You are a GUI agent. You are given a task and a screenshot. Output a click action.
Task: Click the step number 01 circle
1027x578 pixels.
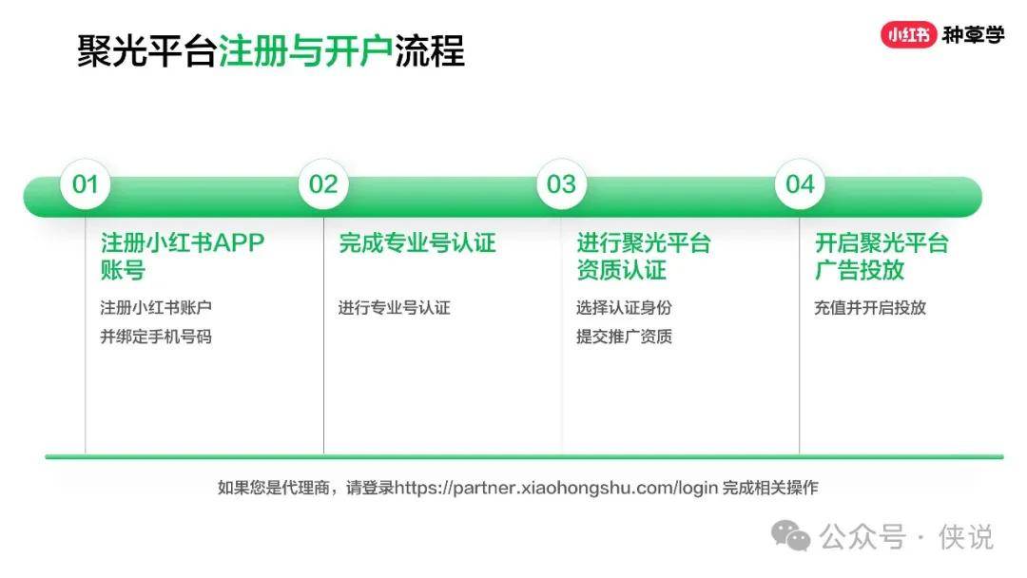point(86,183)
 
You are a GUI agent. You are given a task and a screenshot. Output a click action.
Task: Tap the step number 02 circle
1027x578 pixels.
point(323,183)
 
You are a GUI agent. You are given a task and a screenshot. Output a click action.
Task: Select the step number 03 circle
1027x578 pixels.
point(561,183)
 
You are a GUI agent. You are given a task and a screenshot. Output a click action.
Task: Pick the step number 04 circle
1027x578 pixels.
point(800,183)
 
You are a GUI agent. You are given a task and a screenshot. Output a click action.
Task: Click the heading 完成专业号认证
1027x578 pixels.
point(417,242)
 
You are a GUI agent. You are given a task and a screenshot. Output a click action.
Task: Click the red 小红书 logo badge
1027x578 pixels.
point(908,34)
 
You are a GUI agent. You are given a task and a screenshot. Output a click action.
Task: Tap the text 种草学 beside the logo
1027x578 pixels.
point(974,34)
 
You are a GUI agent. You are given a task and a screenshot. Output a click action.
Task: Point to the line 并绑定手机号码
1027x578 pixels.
point(156,337)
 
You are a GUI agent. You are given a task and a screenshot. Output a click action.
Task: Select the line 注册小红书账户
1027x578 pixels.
point(156,307)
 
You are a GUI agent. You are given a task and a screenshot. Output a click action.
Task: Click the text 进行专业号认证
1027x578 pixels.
point(395,307)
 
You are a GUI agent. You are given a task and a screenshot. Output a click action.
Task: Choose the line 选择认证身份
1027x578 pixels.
point(624,307)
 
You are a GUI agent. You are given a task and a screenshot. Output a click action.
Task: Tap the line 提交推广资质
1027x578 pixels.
point(624,337)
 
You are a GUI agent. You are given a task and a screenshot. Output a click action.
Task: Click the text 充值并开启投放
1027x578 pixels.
point(870,307)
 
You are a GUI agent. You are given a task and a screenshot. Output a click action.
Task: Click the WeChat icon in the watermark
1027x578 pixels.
point(790,535)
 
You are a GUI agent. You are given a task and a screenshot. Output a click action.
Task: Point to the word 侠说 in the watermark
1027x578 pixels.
point(966,537)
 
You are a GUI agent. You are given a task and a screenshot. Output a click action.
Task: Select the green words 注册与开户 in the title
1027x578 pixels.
point(306,51)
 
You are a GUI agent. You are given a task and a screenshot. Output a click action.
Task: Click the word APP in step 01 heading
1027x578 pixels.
point(239,242)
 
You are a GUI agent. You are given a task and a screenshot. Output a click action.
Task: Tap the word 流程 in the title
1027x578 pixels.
point(430,51)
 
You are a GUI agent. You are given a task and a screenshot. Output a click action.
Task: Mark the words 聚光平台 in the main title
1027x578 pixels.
point(146,51)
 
